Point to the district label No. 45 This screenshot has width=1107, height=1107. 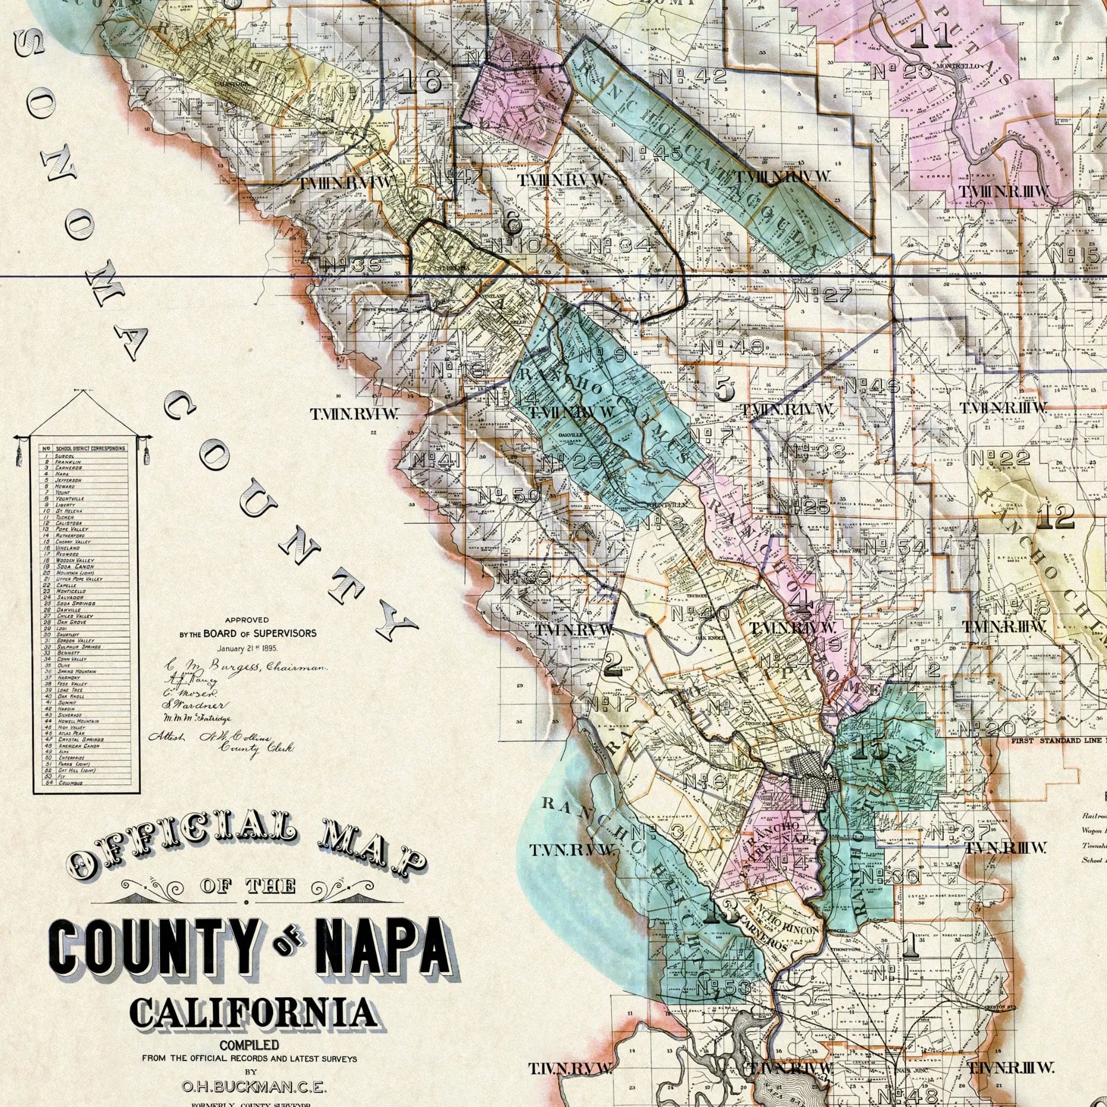[x=651, y=154]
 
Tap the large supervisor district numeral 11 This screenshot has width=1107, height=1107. [x=931, y=36]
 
